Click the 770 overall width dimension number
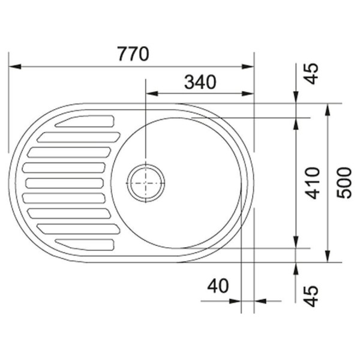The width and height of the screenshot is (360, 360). (133, 54)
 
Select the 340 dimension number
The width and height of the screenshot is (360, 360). (200, 82)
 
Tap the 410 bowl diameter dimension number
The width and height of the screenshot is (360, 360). (313, 183)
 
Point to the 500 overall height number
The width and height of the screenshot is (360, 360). (344, 183)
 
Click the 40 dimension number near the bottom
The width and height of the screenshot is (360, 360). (218, 286)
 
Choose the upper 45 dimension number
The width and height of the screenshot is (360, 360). (311, 74)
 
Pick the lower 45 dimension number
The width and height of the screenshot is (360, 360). (311, 296)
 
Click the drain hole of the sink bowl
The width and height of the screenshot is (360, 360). (146, 183)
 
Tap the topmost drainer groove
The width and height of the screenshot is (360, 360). (85, 121)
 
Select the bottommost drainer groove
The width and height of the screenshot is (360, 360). (85, 245)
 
